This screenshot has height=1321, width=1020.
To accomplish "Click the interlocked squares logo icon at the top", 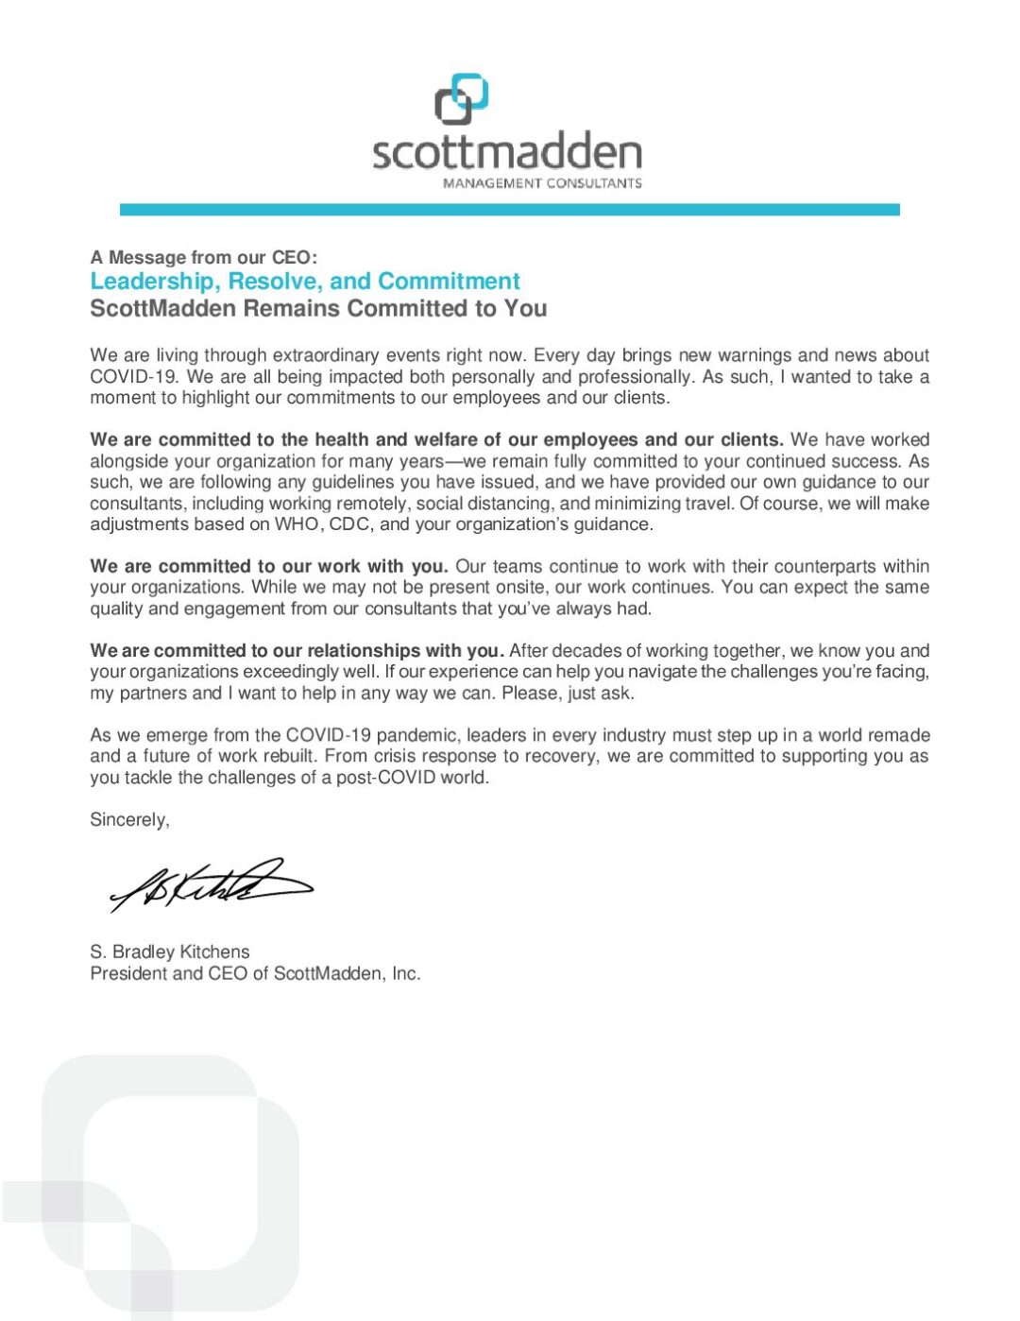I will [x=461, y=99].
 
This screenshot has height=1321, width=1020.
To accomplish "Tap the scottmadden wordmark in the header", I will [x=507, y=152].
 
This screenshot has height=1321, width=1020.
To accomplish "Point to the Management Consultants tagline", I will [x=542, y=183].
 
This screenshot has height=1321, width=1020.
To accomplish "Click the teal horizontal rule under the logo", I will [x=509, y=210].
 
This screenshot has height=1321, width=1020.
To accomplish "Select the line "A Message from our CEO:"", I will [x=204, y=257].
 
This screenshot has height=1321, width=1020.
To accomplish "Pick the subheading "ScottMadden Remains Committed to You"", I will [x=318, y=309].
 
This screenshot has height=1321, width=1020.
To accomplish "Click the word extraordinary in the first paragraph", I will [x=328, y=355].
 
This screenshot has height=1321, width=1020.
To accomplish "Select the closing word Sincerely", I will [x=129, y=820].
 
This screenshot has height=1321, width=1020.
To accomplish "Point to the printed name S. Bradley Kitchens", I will [x=170, y=952].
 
